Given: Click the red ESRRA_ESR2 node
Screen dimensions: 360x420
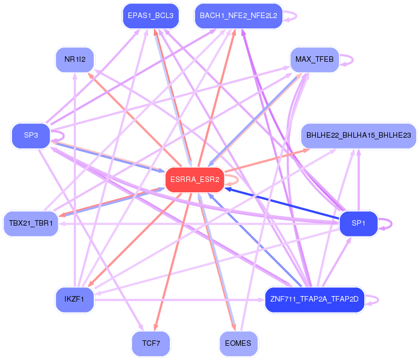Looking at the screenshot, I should [x=194, y=180].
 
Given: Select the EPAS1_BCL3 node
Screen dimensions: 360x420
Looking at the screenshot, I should [x=150, y=16].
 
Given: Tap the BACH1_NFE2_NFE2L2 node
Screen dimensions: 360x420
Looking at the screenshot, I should [x=238, y=16].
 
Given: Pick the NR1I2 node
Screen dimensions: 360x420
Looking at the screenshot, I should [x=75, y=60].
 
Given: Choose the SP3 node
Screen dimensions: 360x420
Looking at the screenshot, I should [x=31, y=135].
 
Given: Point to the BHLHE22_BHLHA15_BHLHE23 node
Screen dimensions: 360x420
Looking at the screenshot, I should [x=358, y=135].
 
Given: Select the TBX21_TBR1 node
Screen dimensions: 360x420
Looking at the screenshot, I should [x=31, y=223].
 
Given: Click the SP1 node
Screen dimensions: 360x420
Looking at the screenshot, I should [x=358, y=223].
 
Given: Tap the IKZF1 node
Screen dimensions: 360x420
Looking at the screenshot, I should [x=75, y=299].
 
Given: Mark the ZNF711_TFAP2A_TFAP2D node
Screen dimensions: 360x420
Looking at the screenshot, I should [x=314, y=299].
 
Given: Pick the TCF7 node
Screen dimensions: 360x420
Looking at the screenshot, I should [x=150, y=344].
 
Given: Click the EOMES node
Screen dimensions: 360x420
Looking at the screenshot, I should [x=238, y=344].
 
